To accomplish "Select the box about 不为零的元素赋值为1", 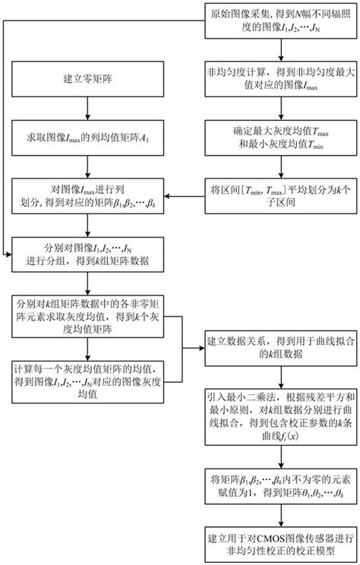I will pyautogui.click(x=281, y=487).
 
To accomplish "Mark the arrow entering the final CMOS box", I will pyautogui.click(x=281, y=516).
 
